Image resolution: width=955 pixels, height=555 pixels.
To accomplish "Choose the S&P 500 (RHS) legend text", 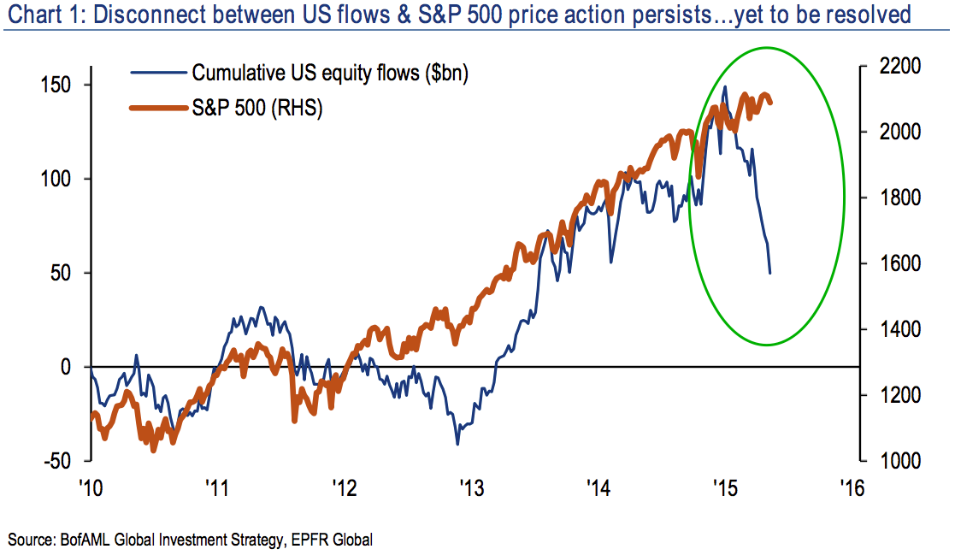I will pos(256,108).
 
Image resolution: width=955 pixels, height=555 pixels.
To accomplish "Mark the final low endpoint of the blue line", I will pos(770,273).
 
